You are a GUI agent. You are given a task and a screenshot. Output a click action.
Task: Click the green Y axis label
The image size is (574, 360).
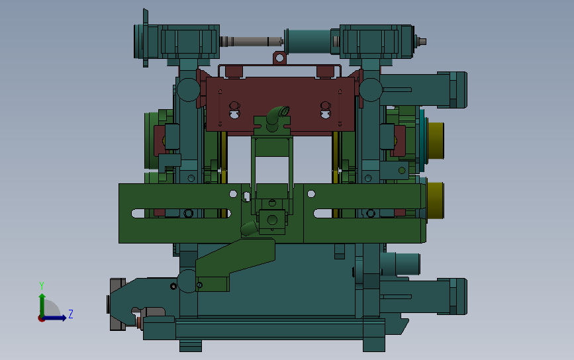[x=42, y=285]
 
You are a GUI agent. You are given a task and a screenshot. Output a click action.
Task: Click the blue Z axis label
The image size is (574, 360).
[x=71, y=314]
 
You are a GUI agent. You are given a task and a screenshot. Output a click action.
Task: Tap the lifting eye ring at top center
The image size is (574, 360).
[x=279, y=58]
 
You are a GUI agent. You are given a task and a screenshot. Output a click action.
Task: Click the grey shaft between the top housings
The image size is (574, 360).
[x=251, y=41]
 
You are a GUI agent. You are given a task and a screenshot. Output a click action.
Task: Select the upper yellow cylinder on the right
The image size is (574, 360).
[x=436, y=140]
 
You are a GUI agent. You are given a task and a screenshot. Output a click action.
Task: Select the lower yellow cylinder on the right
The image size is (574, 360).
[x=435, y=200]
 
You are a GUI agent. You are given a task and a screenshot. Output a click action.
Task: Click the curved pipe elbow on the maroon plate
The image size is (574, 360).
[x=277, y=116]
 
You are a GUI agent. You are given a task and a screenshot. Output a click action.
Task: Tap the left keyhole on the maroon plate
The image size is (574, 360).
[x=234, y=110]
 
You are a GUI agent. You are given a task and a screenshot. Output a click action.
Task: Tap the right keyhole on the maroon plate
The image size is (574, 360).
[x=326, y=110]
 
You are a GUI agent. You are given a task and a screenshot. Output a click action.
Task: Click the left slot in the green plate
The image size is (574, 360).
[x=181, y=213]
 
